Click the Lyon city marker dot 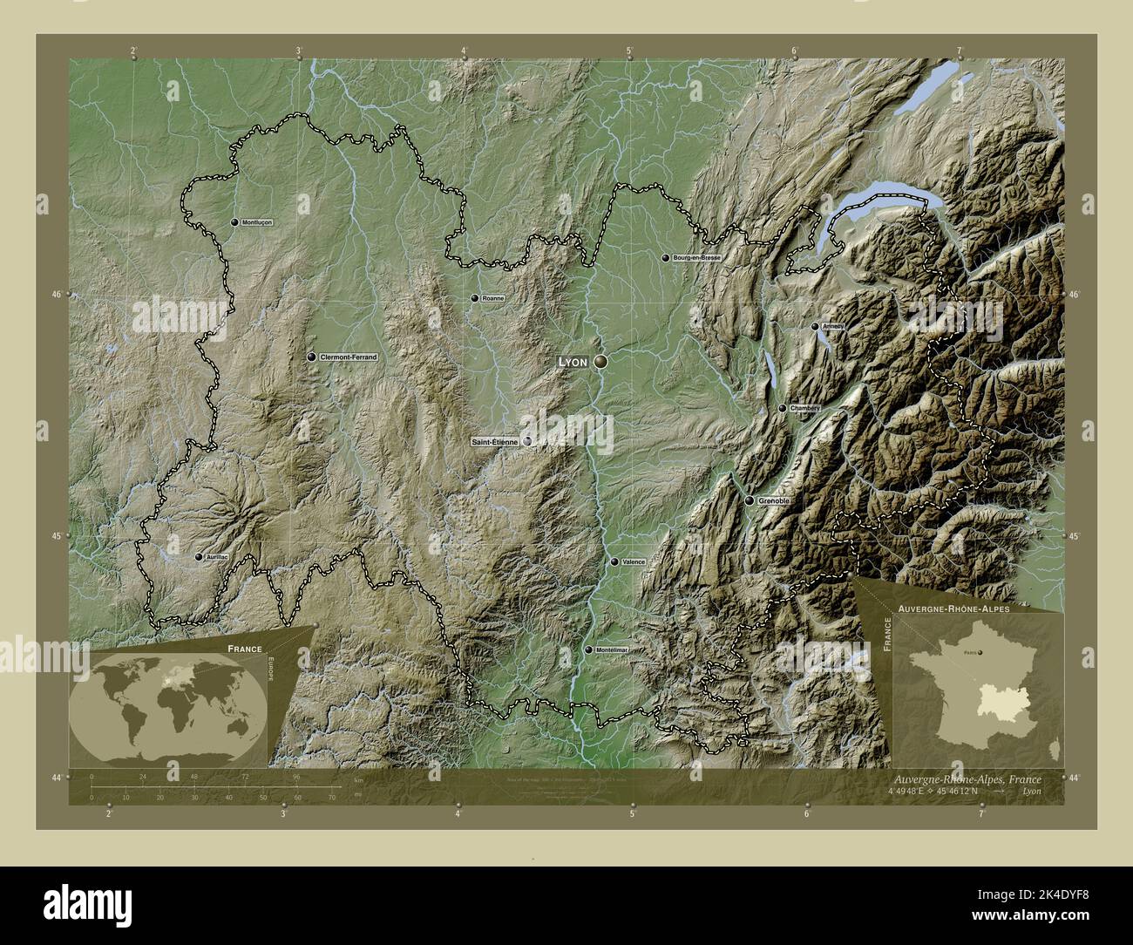600,360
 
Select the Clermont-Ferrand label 349,357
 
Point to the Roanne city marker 475,298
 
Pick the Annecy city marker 815,327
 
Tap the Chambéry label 804,408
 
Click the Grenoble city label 774,501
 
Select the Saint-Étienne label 494,442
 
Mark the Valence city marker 614,562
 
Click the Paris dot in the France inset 980,651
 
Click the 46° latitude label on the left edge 56,295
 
